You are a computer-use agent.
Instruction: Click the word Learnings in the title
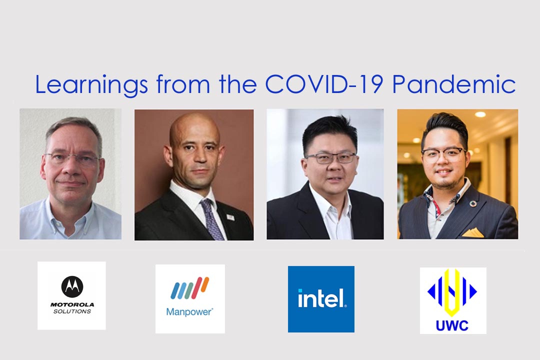(x=91, y=85)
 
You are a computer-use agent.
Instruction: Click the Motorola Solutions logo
(x=71, y=295)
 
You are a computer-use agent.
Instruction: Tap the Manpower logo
(x=190, y=298)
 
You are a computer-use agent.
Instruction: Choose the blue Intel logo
(x=321, y=299)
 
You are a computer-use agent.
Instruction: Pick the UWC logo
(x=453, y=300)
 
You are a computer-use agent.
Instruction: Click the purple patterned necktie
(x=211, y=220)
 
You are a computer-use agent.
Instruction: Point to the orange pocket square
(x=473, y=233)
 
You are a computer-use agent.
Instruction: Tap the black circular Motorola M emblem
(x=72, y=286)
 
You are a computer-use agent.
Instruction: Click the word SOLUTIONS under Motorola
(x=72, y=311)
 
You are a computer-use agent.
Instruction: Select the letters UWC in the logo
(x=452, y=325)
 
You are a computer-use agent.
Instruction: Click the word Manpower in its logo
(x=189, y=312)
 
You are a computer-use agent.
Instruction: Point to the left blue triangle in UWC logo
(x=431, y=292)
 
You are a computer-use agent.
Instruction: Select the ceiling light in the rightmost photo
(x=480, y=114)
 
